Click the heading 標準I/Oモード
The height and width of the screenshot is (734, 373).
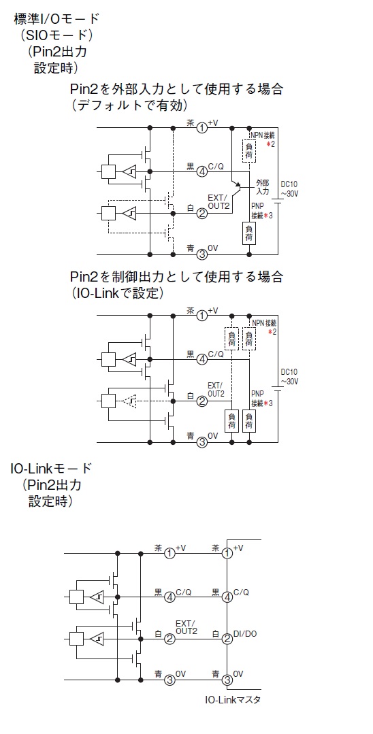click(x=57, y=20)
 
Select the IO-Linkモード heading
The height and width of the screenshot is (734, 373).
click(x=51, y=467)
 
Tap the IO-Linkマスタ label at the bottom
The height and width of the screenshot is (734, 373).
click(x=232, y=700)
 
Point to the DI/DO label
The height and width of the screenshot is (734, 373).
click(x=245, y=634)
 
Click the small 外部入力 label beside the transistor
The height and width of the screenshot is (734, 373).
click(x=263, y=187)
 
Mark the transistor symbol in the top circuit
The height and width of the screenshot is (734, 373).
click(x=238, y=187)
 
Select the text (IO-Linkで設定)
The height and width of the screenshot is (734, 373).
click(x=118, y=293)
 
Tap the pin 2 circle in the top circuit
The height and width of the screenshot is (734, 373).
click(x=202, y=214)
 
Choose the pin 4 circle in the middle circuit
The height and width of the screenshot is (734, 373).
click(x=202, y=359)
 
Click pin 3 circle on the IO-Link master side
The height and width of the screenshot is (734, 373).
click(x=227, y=680)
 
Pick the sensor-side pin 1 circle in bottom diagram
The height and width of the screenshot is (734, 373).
click(x=170, y=553)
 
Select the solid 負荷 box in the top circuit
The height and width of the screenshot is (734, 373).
click(x=249, y=233)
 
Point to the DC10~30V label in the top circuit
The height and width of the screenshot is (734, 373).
click(x=289, y=189)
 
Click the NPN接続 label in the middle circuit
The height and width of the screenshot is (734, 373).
click(x=264, y=323)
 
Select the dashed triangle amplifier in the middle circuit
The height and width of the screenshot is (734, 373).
click(x=130, y=401)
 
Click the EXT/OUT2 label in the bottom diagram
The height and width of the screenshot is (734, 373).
click(x=186, y=627)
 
